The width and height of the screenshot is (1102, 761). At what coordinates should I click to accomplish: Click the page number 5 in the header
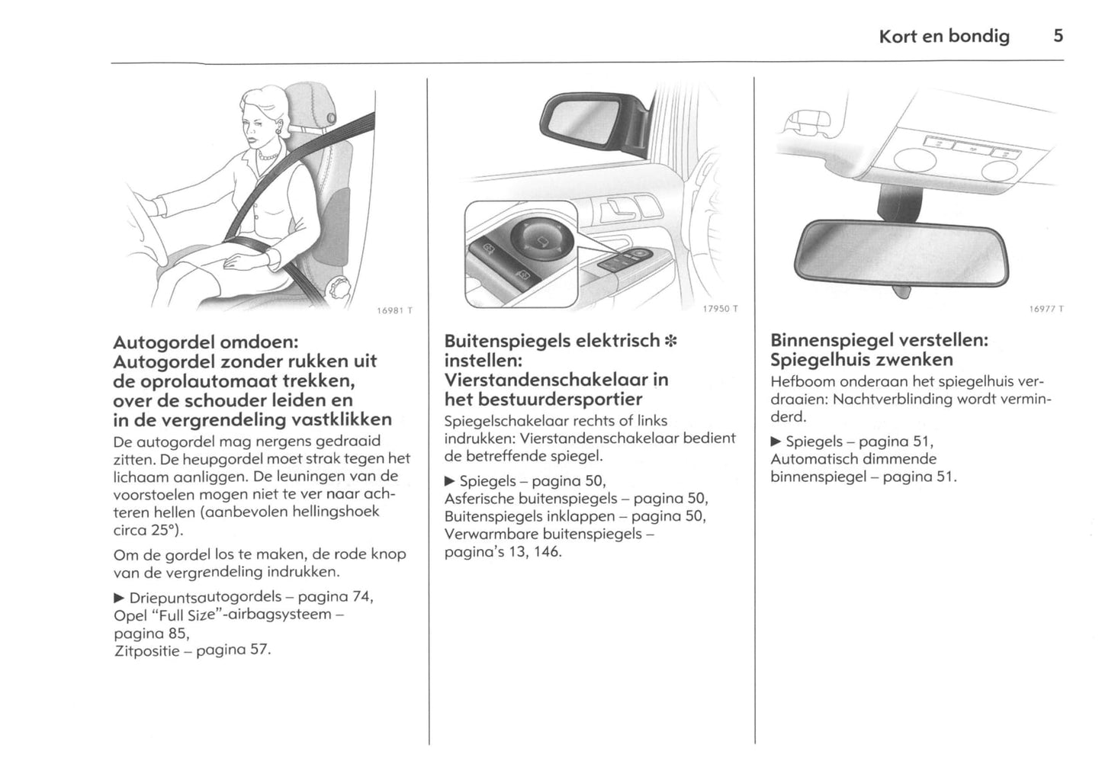[1058, 35]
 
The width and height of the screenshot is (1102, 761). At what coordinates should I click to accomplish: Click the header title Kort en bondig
[943, 36]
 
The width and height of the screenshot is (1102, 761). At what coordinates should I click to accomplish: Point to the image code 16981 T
[394, 310]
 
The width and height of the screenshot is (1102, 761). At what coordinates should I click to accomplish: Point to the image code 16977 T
[1046, 309]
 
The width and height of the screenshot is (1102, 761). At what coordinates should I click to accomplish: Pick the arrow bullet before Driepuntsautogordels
[119, 596]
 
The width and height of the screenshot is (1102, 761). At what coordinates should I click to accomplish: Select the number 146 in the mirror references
[547, 551]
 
